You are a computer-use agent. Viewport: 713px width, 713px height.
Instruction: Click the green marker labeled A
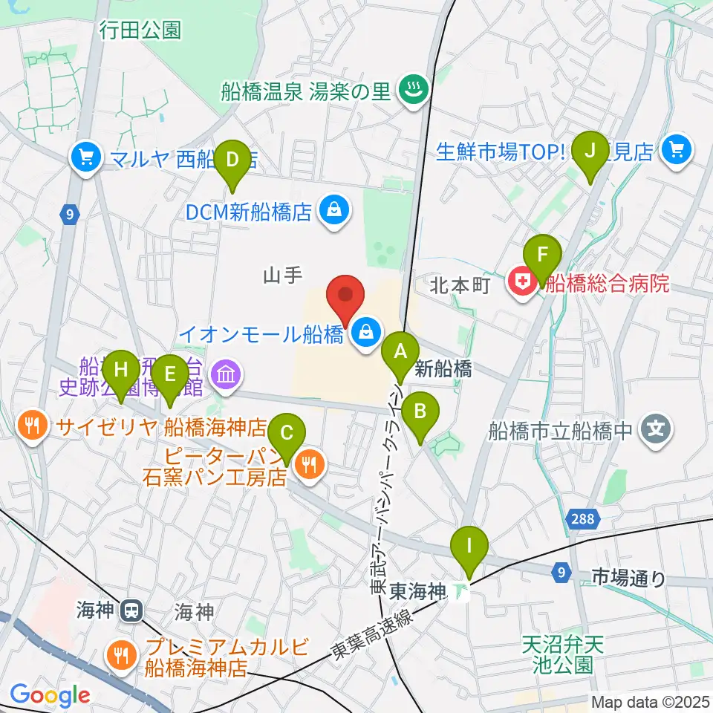click(x=400, y=350)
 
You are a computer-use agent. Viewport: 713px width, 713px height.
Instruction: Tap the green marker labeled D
click(x=233, y=159)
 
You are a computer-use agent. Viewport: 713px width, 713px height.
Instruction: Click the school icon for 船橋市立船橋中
click(x=657, y=429)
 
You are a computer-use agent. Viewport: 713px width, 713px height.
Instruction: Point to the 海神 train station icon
click(x=131, y=611)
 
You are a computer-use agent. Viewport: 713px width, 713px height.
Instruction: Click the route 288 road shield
click(x=583, y=519)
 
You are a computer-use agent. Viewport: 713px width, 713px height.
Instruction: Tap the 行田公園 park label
click(x=140, y=30)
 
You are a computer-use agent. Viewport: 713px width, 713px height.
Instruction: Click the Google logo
click(x=50, y=695)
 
